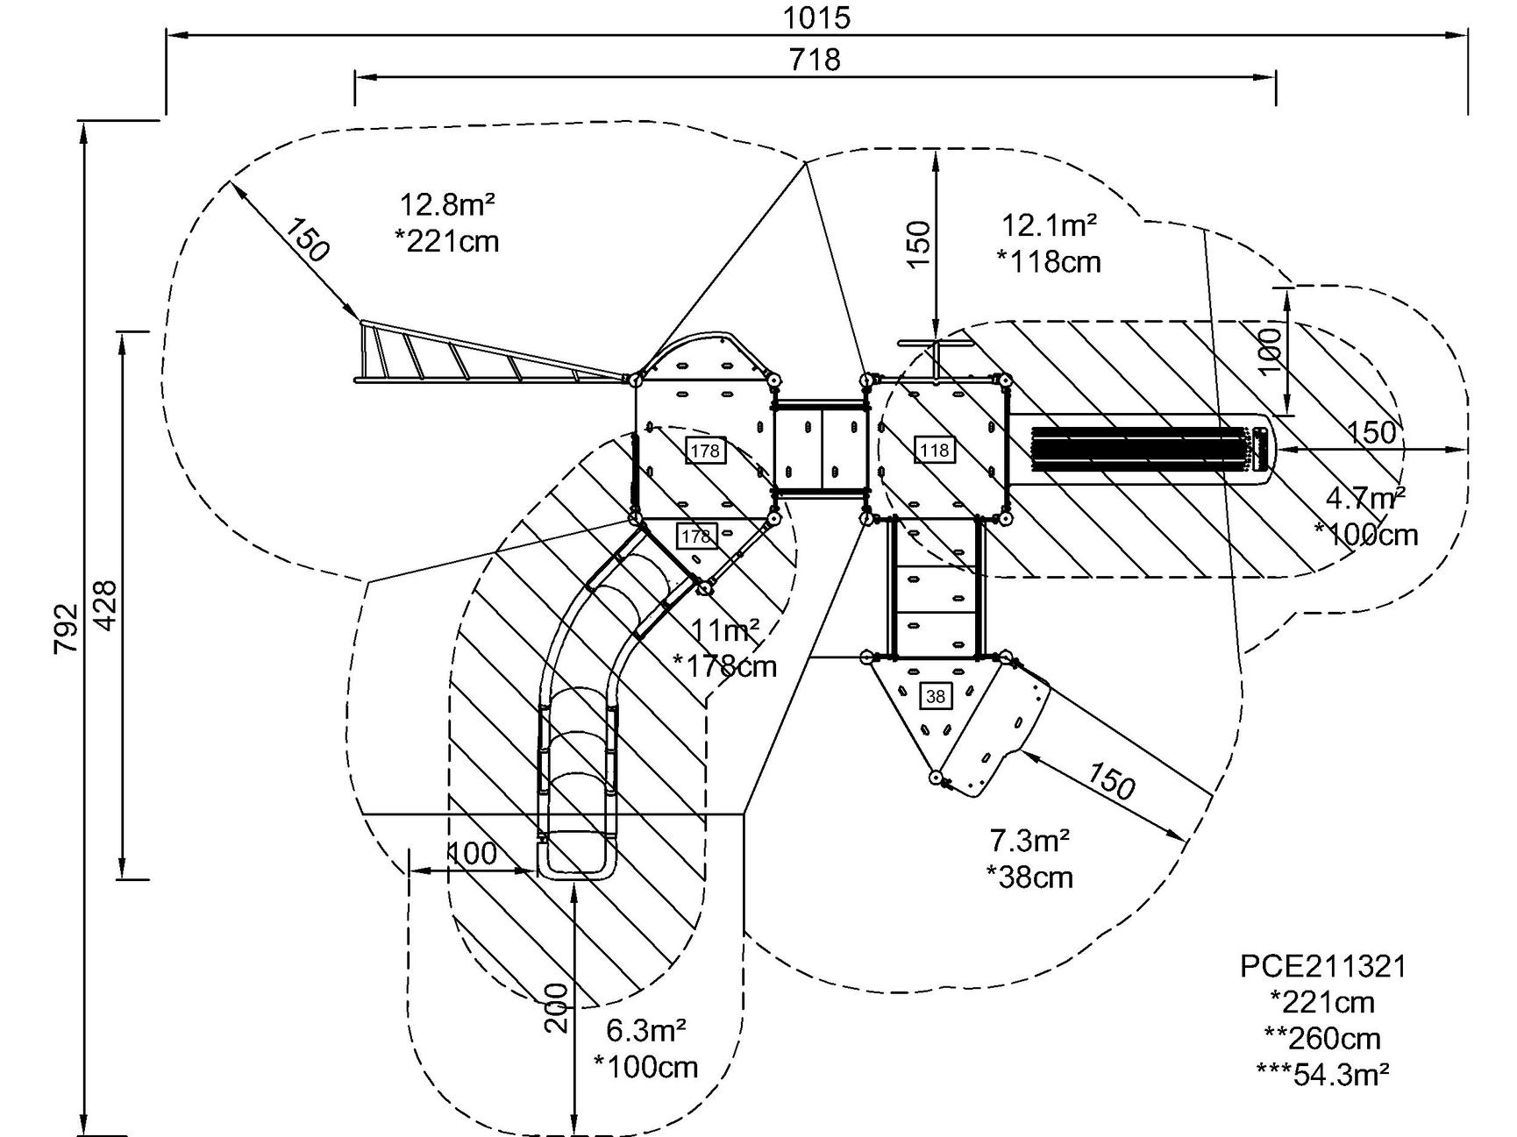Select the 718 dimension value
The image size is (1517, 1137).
click(815, 60)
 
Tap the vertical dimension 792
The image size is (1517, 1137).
click(67, 628)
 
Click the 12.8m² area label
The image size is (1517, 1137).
click(447, 205)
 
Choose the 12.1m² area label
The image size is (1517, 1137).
click(1049, 225)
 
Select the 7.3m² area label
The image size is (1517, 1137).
click(1029, 841)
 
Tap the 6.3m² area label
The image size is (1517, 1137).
click(645, 1030)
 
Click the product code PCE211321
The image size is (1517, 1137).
click(1322, 966)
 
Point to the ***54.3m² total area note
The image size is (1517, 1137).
click(1322, 1074)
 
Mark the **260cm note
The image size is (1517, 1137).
click(1322, 1038)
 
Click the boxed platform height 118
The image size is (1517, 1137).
click(935, 451)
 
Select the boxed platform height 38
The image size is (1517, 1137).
click(936, 696)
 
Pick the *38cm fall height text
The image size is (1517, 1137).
click(1029, 877)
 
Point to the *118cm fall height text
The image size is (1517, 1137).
click(1049, 261)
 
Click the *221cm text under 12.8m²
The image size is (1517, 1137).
click(447, 240)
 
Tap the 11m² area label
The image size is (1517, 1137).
click(724, 630)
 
